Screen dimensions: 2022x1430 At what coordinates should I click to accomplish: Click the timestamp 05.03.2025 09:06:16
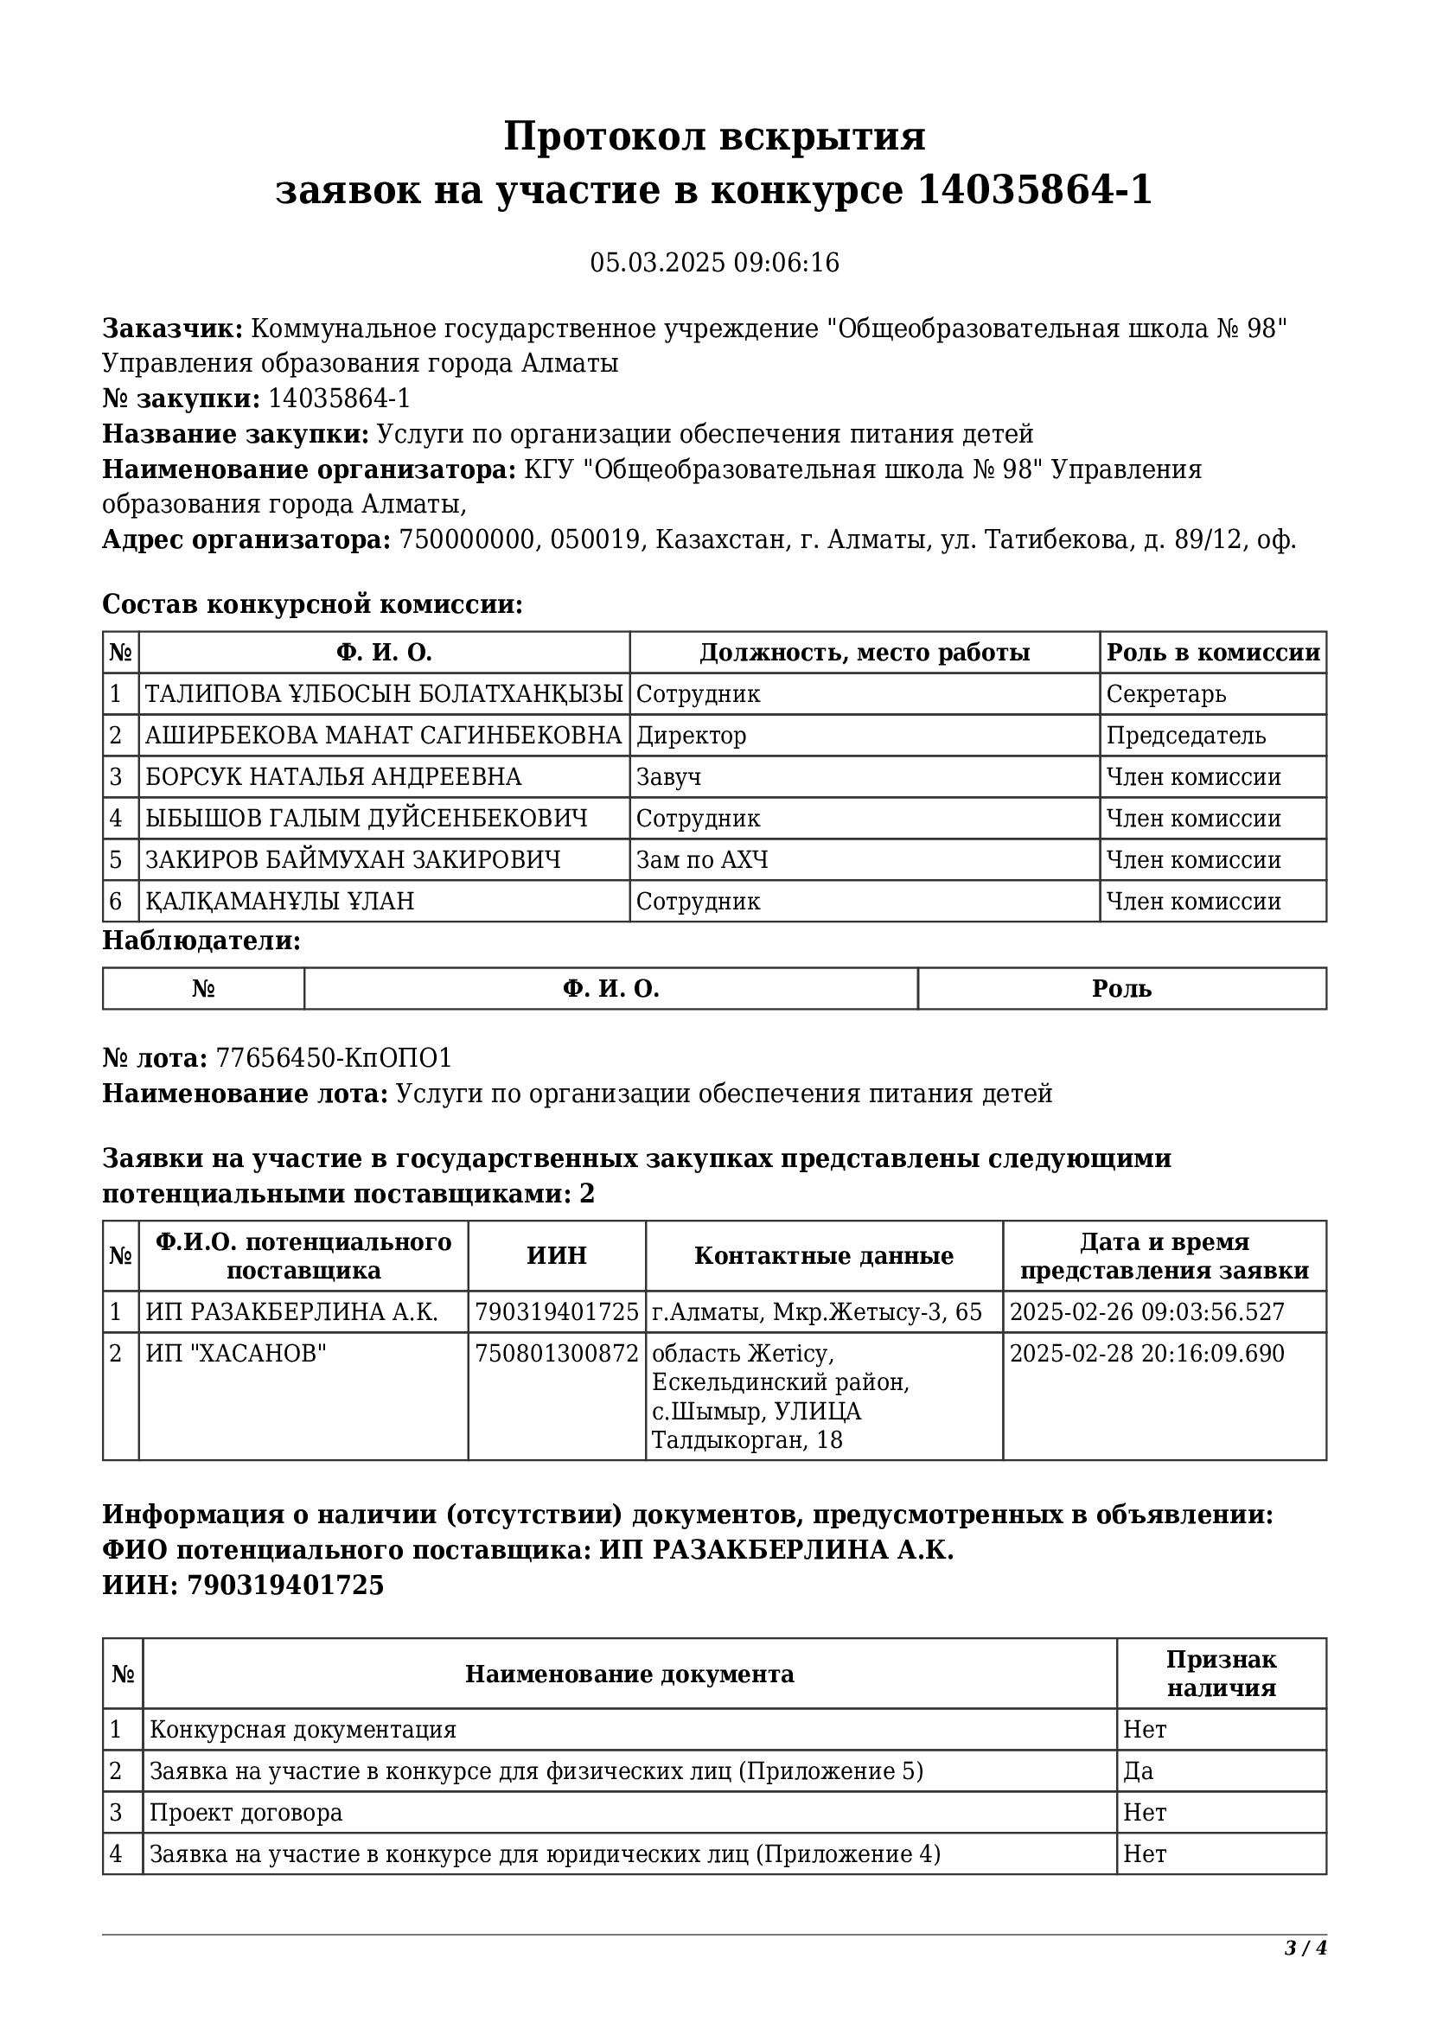pyautogui.click(x=714, y=263)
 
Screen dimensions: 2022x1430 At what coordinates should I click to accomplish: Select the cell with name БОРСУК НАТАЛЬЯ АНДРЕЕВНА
pyautogui.click(x=333, y=777)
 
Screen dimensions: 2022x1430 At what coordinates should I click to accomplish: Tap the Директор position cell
pyautogui.click(x=692, y=736)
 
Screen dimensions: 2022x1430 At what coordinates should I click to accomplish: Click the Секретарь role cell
pyautogui.click(x=1165, y=694)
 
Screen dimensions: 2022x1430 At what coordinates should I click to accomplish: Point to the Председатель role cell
pyautogui.click(x=1185, y=736)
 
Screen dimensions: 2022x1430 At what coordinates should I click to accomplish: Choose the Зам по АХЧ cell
pyautogui.click(x=702, y=859)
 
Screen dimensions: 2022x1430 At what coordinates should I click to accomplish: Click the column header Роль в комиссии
pyautogui.click(x=1212, y=653)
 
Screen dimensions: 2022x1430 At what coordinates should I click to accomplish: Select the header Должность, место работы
pyautogui.click(x=864, y=653)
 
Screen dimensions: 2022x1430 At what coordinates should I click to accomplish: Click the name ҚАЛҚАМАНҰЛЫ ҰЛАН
pyautogui.click(x=279, y=901)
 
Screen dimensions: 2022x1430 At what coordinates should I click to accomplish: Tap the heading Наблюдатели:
pyautogui.click(x=201, y=941)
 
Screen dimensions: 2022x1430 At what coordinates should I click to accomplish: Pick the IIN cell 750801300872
pyautogui.click(x=557, y=1354)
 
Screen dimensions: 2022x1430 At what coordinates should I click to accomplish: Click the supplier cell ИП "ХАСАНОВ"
pyautogui.click(x=236, y=1354)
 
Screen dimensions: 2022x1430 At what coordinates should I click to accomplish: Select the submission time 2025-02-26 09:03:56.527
pyautogui.click(x=1146, y=1312)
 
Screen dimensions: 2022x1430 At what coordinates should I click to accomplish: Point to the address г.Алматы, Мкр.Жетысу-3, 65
pyautogui.click(x=816, y=1312)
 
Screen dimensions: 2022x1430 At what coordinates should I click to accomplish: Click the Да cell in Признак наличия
pyautogui.click(x=1138, y=1771)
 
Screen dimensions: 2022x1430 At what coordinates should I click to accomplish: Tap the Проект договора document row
pyautogui.click(x=246, y=1813)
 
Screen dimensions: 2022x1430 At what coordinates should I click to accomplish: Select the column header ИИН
pyautogui.click(x=557, y=1256)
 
